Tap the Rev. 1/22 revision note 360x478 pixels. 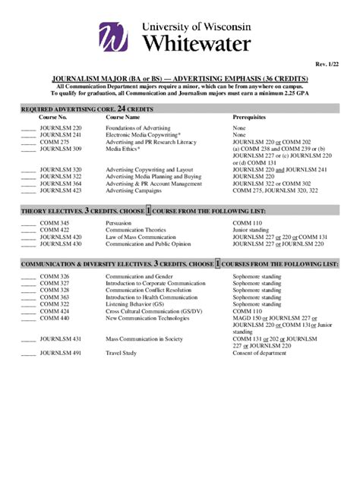point(328,67)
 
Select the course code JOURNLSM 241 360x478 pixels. point(60,135)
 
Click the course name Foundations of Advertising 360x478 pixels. point(138,128)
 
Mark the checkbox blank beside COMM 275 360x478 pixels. point(27,142)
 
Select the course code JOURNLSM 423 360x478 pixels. point(60,190)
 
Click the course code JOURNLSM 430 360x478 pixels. point(60,244)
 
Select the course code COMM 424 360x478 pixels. point(54,311)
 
